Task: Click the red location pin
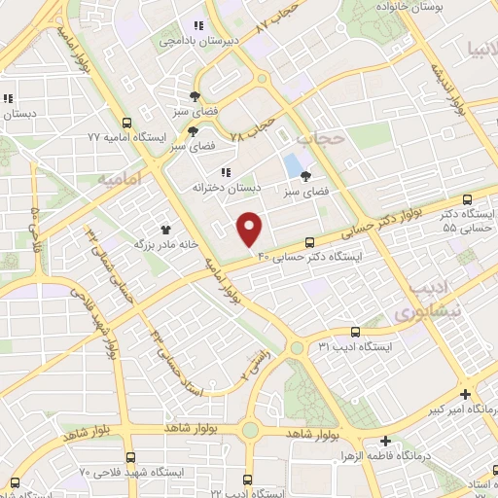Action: [x=250, y=228]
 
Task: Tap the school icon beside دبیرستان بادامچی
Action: [x=198, y=26]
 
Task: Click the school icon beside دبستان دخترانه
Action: [x=226, y=172]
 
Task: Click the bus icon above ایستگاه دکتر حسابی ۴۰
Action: [x=310, y=242]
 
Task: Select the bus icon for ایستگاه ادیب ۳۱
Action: [x=355, y=331]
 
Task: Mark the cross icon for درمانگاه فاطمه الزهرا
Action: [x=386, y=440]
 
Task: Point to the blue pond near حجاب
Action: [x=292, y=165]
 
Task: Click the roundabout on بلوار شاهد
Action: [x=250, y=430]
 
